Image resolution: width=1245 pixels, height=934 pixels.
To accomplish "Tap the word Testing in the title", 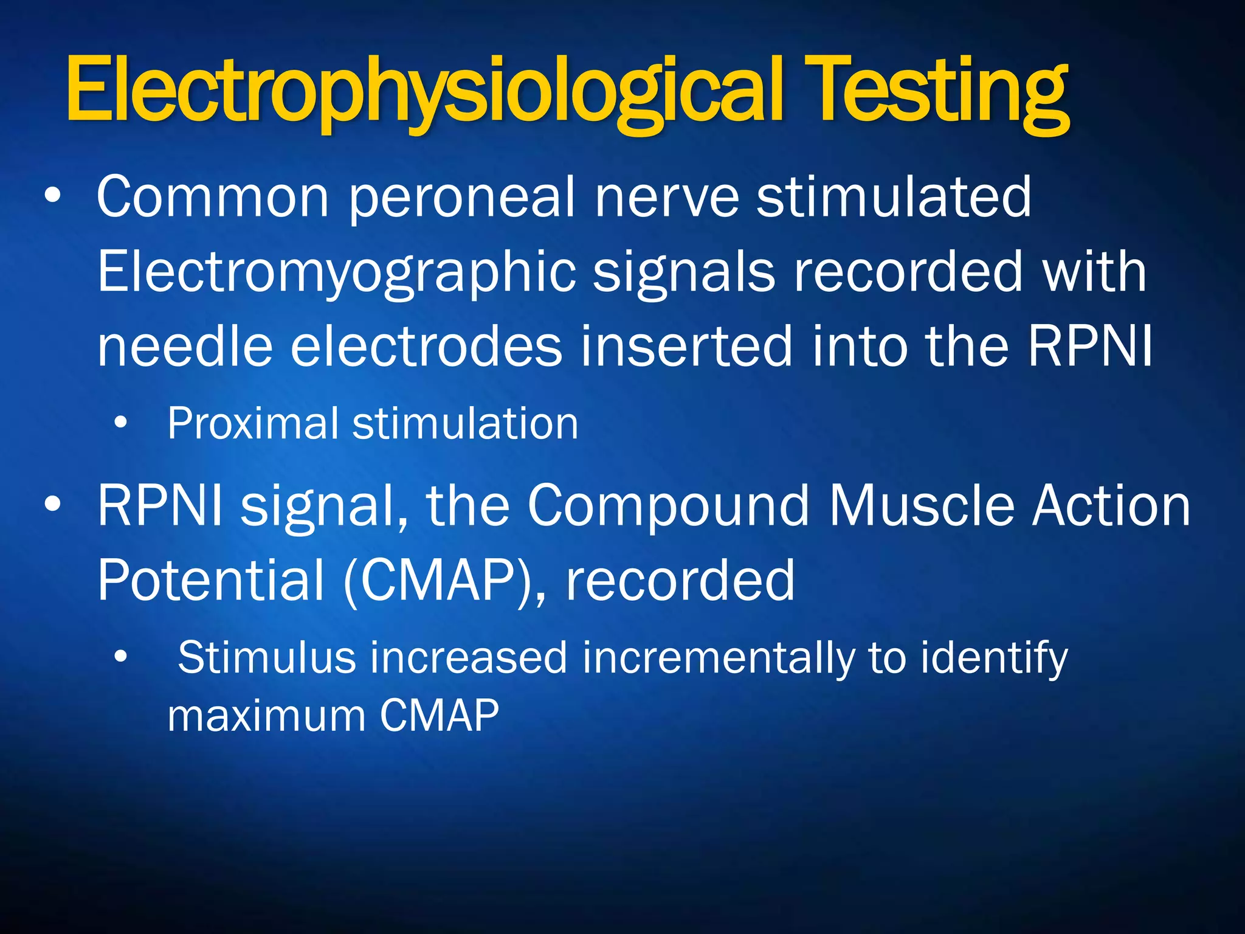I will tap(939, 91).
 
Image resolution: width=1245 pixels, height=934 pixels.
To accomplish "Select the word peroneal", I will tap(462, 198).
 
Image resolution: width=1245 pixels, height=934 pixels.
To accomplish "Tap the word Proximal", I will tap(253, 424).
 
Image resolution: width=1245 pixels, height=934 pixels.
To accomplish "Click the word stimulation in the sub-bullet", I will tap(465, 424).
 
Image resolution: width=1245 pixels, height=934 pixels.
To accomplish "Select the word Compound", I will tap(668, 506).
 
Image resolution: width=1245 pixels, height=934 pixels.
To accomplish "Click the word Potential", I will tap(210, 581).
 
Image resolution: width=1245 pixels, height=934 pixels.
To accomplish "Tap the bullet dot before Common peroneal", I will tap(53, 196).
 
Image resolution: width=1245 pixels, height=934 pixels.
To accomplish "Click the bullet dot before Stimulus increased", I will tap(121, 657).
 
